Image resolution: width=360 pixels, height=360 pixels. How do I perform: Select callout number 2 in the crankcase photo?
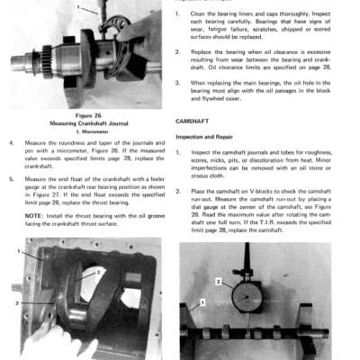[15, 303]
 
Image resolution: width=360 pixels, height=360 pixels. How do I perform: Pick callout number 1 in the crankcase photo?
[15, 254]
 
